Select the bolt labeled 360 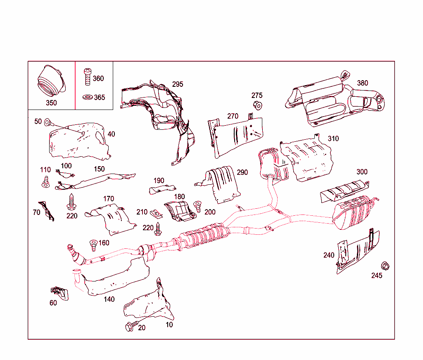tap(88, 76)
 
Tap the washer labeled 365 tap(88, 98)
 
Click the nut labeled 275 tap(258, 105)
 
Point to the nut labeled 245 tap(385, 266)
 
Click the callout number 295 tap(177, 84)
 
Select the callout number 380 tap(362, 83)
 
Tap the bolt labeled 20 tap(130, 327)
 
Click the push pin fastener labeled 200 tap(197, 206)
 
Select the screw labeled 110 tap(45, 181)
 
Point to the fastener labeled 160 tap(93, 245)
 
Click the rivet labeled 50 tap(48, 122)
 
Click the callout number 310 tap(333, 138)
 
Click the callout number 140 tap(109, 299)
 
